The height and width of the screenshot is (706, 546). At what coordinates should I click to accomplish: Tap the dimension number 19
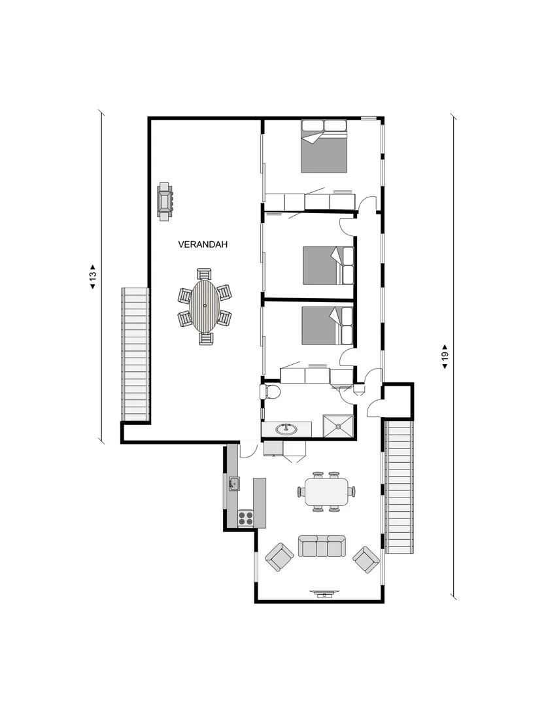tap(445, 357)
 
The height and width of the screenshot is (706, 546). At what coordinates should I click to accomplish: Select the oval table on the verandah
tap(205, 306)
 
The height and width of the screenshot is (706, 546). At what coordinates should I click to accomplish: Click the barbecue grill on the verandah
tap(165, 200)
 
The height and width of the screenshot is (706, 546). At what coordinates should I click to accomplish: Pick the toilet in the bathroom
tap(271, 392)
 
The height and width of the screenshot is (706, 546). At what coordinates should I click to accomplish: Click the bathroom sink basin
tap(286, 429)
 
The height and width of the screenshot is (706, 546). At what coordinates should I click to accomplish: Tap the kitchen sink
tap(233, 484)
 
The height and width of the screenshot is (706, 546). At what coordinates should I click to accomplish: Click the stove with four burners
tap(246, 518)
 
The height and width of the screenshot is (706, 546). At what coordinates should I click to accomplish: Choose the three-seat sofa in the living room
tap(322, 546)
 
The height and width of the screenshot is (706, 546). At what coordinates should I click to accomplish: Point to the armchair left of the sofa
tap(279, 557)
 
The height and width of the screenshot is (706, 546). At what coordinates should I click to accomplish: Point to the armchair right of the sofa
tap(366, 559)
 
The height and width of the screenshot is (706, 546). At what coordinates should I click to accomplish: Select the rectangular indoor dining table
tap(326, 491)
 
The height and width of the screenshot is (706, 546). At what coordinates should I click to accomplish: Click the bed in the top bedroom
tap(324, 146)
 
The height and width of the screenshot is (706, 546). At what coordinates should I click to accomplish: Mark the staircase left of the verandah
tap(135, 355)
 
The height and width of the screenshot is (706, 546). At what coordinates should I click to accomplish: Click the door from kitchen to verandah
tap(248, 450)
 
